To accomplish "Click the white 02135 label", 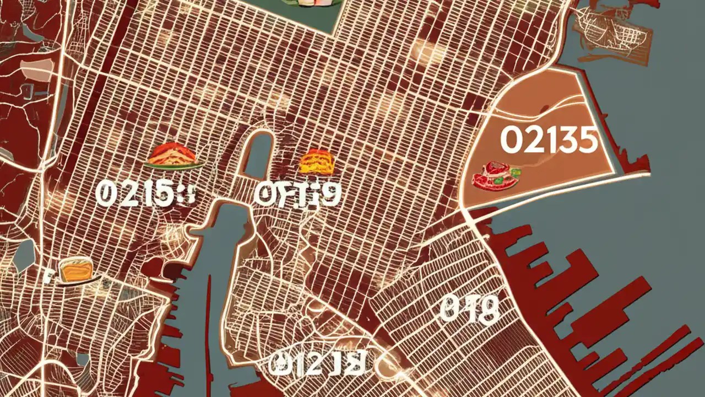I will click(x=549, y=140).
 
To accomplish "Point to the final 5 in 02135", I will click(x=587, y=141).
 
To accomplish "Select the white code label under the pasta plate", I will click(x=145, y=195).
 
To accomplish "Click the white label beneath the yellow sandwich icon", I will click(x=297, y=194).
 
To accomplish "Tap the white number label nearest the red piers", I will click(x=470, y=309).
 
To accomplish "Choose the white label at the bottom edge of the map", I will click(x=317, y=363).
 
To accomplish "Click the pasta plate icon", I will click(x=173, y=156).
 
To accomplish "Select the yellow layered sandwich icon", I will click(x=317, y=162).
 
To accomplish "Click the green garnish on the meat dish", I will click(x=498, y=180).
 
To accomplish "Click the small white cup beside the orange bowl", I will click(x=50, y=273).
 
